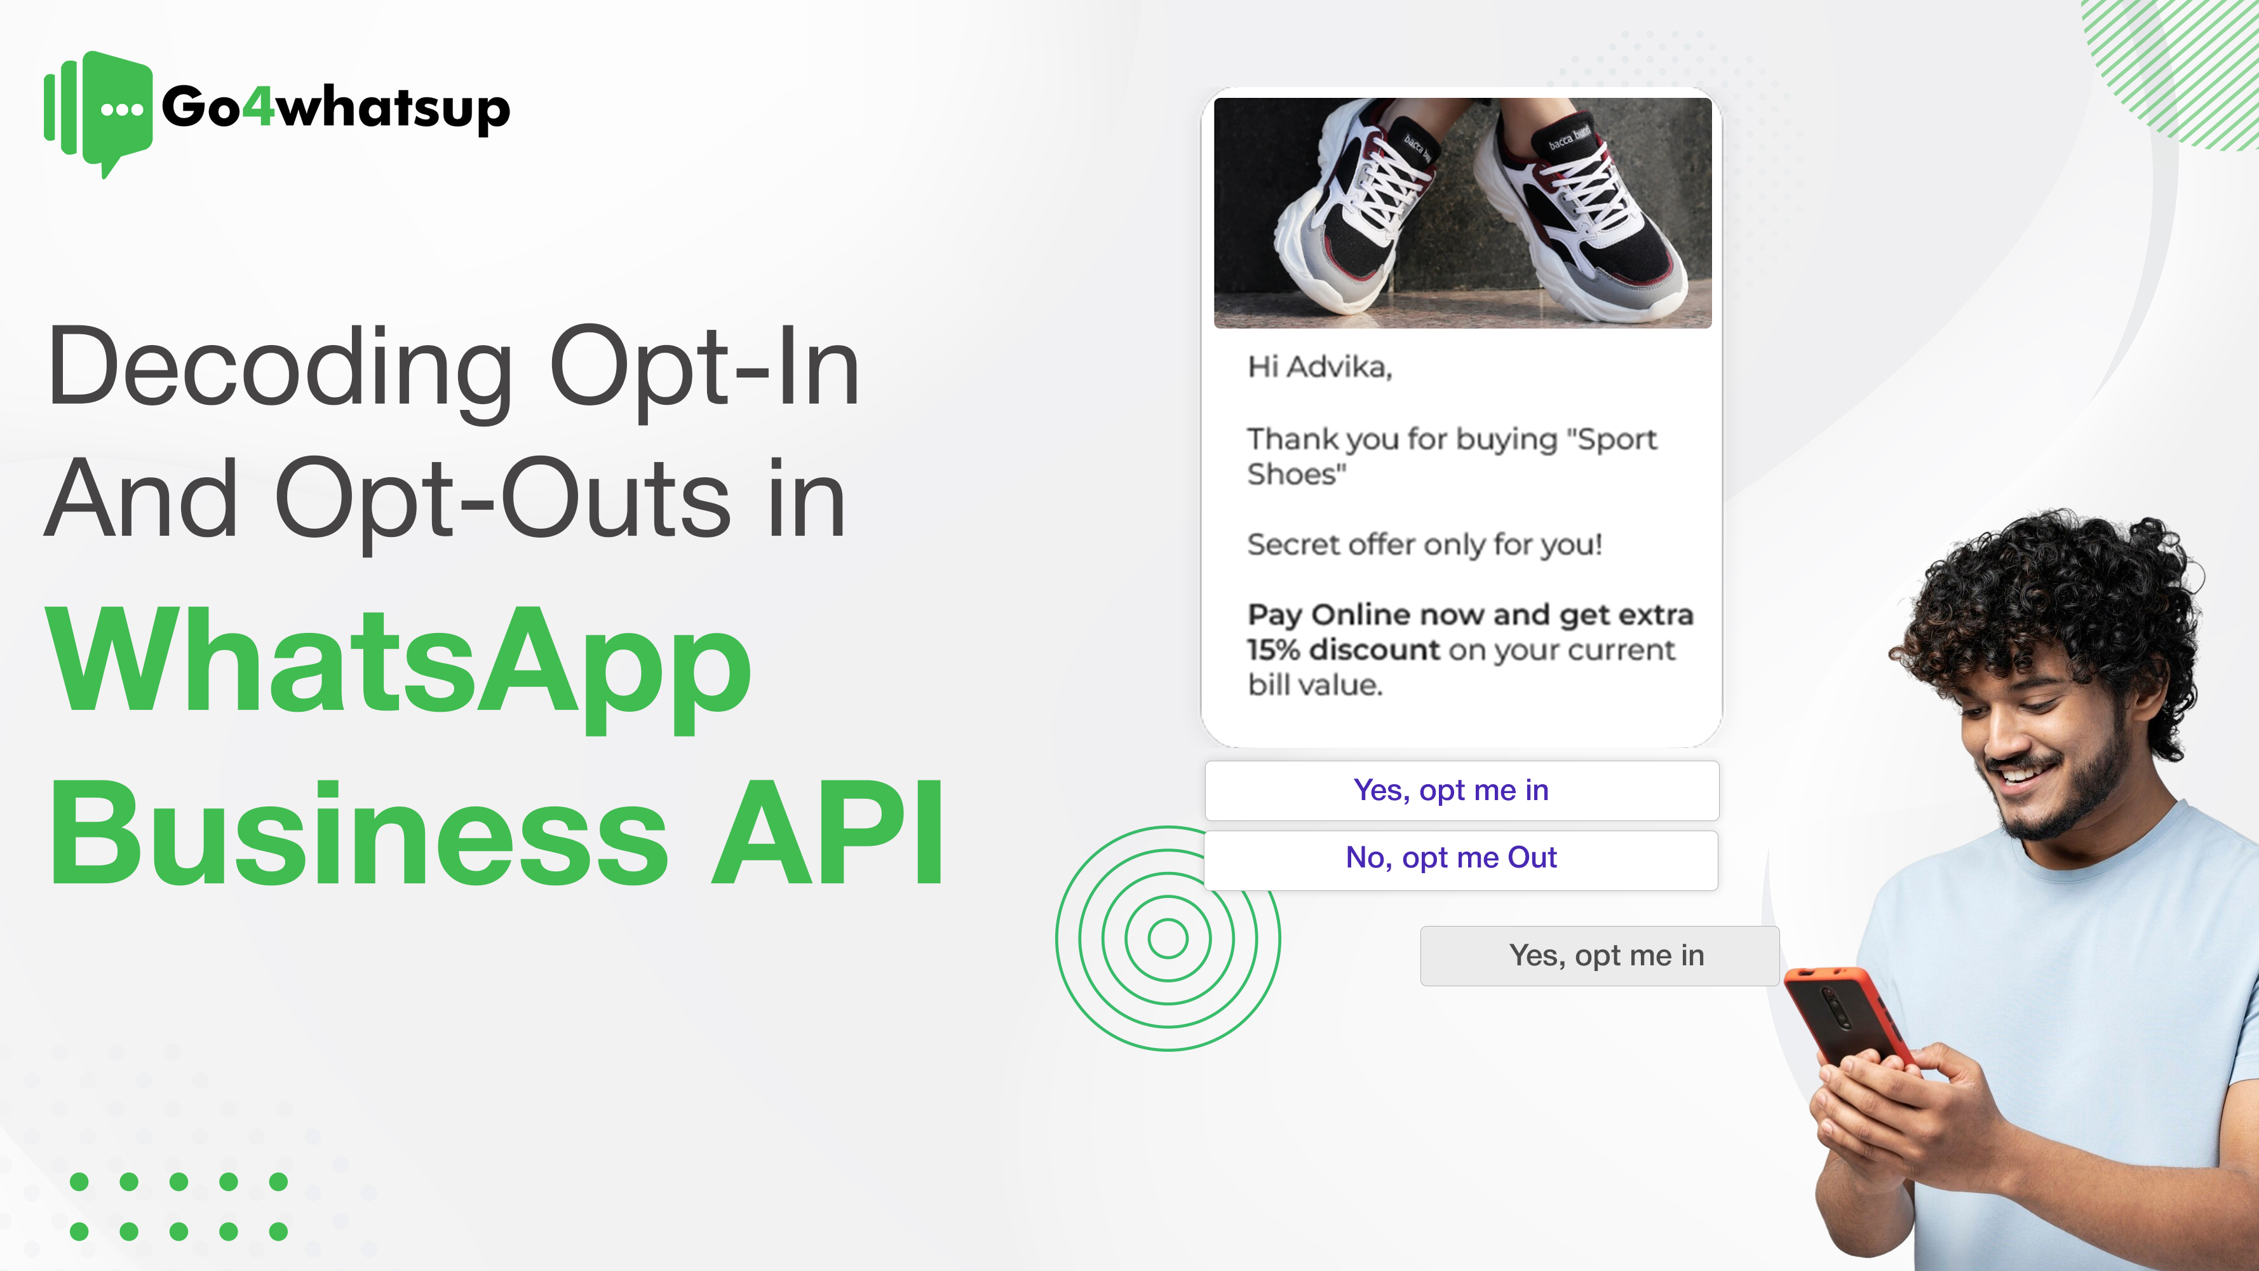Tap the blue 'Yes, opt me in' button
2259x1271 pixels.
pyautogui.click(x=1462, y=791)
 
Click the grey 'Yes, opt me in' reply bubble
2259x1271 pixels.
pyautogui.click(x=1600, y=955)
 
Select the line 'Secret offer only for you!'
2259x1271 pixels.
pyautogui.click(x=1425, y=545)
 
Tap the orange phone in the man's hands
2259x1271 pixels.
pyautogui.click(x=1846, y=1017)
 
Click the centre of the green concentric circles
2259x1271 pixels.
pyautogui.click(x=1168, y=939)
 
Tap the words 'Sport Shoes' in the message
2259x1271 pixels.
pyautogui.click(x=1452, y=456)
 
